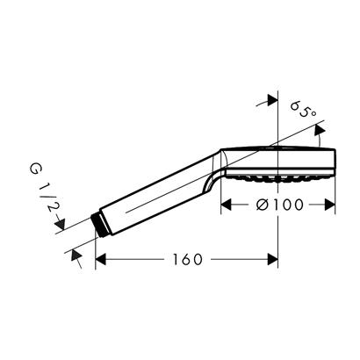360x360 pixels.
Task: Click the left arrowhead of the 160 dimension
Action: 100,259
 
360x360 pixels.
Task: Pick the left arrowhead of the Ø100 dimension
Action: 225,205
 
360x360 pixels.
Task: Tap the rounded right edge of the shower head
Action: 335,159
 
